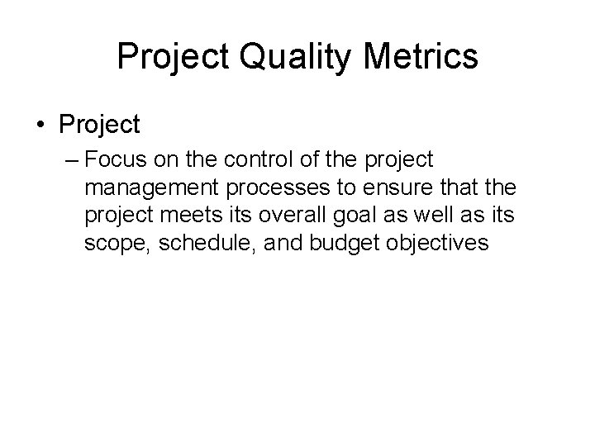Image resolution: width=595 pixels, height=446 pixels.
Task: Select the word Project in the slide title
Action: click(x=169, y=57)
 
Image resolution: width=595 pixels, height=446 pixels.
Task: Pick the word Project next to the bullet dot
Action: click(x=100, y=125)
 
